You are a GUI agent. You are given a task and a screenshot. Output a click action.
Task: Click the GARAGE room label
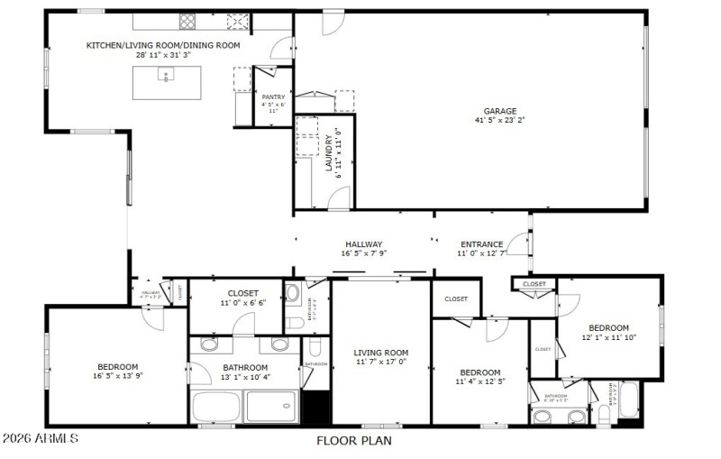(x=500, y=111)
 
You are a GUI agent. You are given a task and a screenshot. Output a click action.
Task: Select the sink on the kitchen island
(x=166, y=76)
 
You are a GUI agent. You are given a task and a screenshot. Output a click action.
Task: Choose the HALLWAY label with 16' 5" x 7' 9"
(x=363, y=244)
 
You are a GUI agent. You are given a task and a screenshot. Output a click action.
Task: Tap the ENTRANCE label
(x=482, y=244)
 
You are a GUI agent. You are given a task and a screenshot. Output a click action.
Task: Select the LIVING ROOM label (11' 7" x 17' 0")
(x=380, y=353)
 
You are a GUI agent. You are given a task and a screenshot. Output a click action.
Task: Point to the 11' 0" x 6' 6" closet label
(x=242, y=304)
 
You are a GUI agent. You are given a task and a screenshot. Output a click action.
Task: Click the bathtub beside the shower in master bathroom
(x=217, y=408)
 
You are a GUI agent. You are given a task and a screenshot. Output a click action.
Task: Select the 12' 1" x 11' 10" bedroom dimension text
(x=608, y=337)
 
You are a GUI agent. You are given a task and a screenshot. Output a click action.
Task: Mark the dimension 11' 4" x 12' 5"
(x=479, y=382)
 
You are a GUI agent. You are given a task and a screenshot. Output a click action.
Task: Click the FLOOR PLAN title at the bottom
(x=352, y=441)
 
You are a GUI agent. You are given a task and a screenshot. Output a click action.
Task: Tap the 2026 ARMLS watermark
(x=40, y=439)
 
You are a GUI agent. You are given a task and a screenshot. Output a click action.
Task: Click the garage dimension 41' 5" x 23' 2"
(x=500, y=120)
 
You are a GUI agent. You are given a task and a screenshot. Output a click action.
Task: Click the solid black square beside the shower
(x=315, y=407)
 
